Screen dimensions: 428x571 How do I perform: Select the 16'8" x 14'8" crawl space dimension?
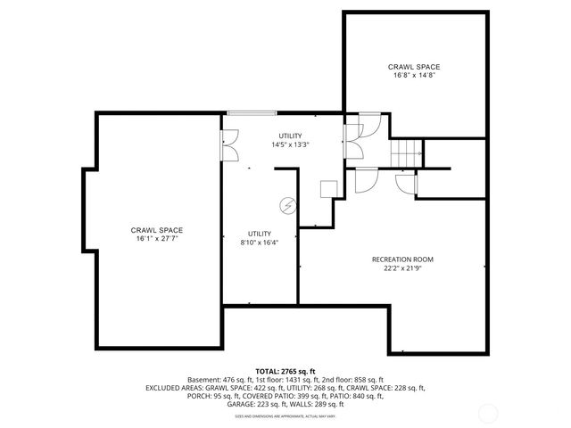tap(413, 76)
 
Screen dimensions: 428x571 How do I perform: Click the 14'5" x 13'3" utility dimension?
tap(290, 144)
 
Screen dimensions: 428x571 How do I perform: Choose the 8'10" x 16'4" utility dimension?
tap(259, 242)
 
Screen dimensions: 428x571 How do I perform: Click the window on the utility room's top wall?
tap(251, 112)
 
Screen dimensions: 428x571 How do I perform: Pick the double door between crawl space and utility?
tap(229, 144)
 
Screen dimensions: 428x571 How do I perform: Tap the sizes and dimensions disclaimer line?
tap(285, 416)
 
